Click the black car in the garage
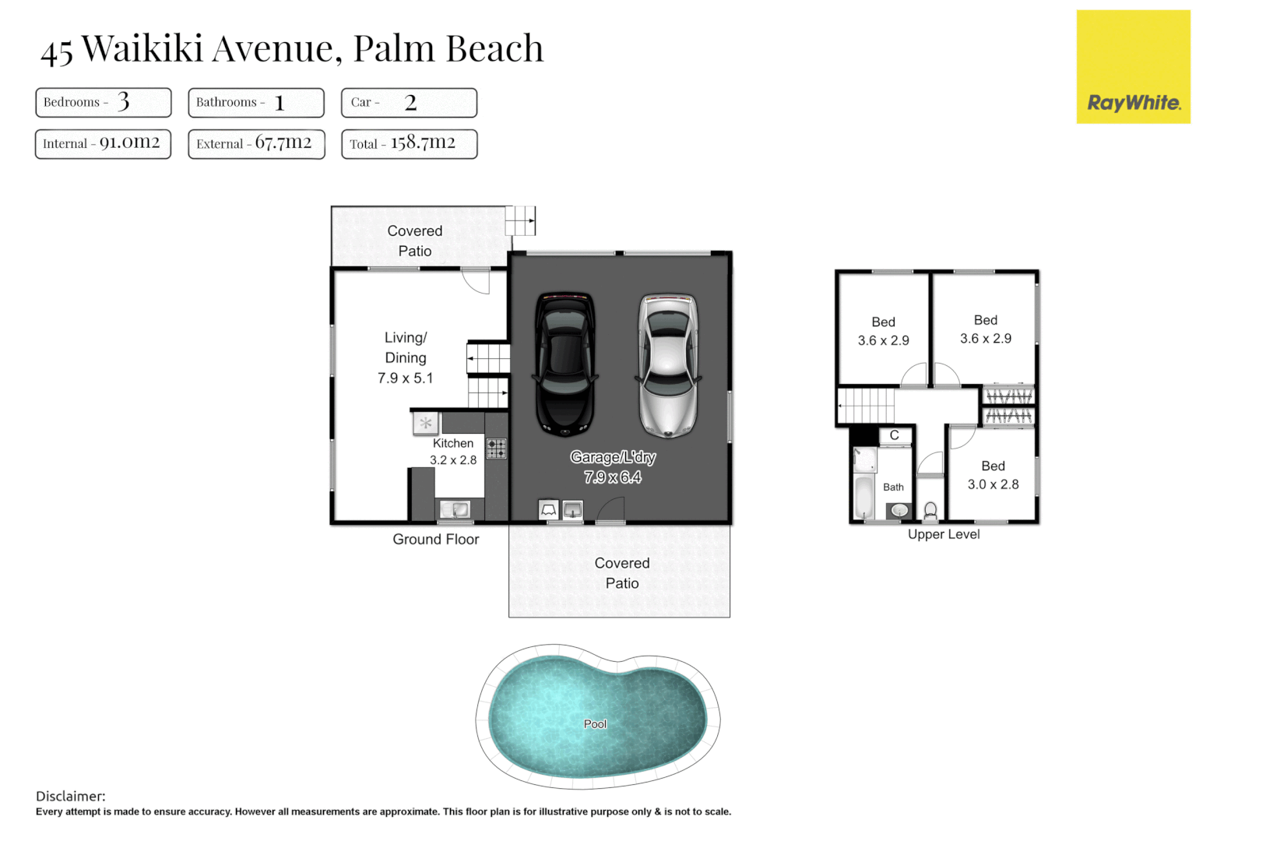565,364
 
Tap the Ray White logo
1133,67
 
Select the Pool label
595,724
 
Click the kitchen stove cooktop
496,449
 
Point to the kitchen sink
455,510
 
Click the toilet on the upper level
930,511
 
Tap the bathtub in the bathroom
864,498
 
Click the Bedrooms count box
103,102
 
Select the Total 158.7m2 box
409,143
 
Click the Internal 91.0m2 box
103,143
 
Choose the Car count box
409,102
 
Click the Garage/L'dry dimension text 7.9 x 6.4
613,477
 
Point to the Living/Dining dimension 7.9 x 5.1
405,378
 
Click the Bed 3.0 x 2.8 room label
993,475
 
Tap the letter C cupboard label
895,435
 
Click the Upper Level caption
944,534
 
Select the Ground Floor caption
435,539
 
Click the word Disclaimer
70,796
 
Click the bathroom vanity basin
899,511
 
